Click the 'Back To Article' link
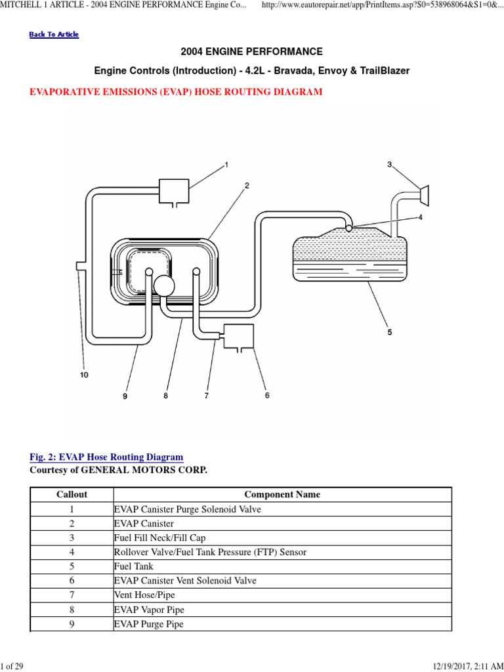[54, 34]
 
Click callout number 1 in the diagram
[226, 165]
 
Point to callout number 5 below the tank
[389, 333]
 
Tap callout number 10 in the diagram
[84, 375]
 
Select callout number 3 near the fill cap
[389, 164]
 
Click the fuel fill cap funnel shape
[424, 192]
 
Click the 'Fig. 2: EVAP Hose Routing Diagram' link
[106, 457]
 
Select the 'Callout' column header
[72, 495]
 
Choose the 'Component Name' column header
[282, 495]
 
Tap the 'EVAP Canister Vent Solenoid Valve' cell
[185, 581]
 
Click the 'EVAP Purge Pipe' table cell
[149, 624]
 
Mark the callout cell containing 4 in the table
[72, 552]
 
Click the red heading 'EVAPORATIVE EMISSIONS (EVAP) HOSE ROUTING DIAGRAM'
[176, 92]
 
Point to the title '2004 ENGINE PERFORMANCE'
[252, 51]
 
